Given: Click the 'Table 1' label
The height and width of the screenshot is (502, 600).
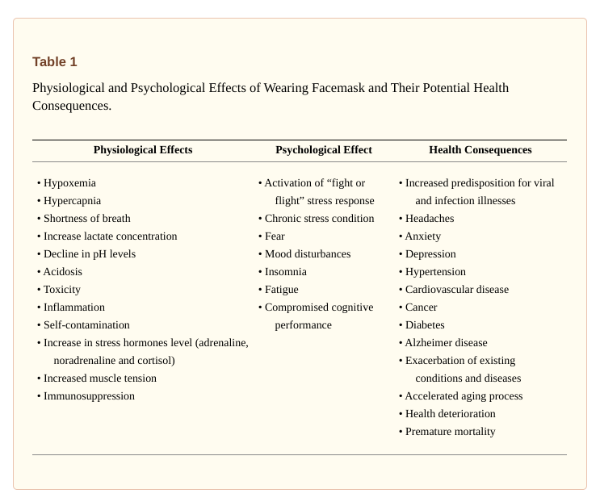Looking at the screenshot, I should tap(55, 62).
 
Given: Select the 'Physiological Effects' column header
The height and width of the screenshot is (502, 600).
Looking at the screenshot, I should tap(143, 150).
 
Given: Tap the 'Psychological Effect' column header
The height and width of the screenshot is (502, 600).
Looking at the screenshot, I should tap(324, 150).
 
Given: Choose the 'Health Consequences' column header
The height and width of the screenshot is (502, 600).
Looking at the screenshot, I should tap(480, 150).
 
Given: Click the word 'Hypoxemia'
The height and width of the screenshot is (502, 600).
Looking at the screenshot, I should tap(69, 183).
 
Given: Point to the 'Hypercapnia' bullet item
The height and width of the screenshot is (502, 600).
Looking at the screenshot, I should tap(72, 201).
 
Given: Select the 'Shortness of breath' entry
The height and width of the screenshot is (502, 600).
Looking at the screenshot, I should tap(86, 219).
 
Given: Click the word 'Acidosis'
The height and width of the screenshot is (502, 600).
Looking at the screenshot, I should tap(63, 272).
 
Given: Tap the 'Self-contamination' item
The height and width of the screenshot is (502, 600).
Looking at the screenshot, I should tap(86, 325).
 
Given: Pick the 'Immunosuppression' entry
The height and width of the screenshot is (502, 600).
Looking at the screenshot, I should tap(89, 396).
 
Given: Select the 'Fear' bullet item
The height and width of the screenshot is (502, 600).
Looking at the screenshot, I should tap(275, 236).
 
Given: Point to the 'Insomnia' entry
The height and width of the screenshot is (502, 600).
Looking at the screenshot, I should tap(285, 272).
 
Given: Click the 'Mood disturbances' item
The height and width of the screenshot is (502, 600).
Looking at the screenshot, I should tap(307, 254).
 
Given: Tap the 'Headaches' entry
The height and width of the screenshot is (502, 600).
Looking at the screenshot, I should tap(429, 219).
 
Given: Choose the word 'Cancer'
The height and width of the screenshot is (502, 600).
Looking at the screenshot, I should tap(421, 307).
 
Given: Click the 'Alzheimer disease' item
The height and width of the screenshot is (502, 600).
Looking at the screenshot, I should tap(446, 343).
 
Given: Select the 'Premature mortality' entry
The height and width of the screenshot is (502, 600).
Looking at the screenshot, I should tap(450, 432).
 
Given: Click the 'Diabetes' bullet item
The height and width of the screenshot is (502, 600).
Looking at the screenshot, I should tap(425, 325).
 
